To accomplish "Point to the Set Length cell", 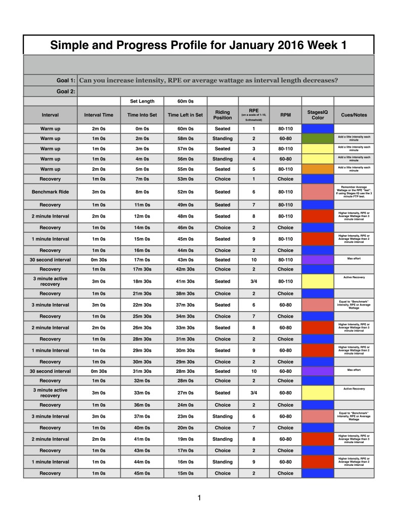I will click(142, 101).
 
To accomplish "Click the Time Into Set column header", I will click(142, 115).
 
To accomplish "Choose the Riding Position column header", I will click(223, 115).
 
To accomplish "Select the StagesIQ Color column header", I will click(318, 115).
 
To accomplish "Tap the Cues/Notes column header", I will click(354, 115).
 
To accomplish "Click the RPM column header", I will click(285, 115).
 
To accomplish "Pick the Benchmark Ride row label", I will click(50, 192).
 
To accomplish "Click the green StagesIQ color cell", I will click(318, 139).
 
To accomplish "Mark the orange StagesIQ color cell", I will click(318, 169).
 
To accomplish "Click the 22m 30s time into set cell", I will click(142, 305).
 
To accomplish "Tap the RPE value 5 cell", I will click(254, 169).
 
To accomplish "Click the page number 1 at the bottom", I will click(200, 498).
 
